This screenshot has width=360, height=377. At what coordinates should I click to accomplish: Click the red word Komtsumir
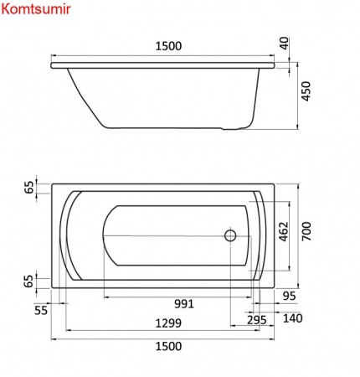click(36, 9)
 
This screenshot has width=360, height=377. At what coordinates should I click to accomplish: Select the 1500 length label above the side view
click(168, 46)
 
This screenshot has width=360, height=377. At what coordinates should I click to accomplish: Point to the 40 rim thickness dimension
click(285, 43)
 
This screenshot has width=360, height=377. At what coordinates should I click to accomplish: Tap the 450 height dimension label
click(306, 91)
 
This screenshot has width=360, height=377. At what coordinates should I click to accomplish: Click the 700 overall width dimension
click(306, 231)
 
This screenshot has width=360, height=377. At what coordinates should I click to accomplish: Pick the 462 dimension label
click(284, 231)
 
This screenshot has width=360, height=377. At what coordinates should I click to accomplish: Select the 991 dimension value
click(184, 303)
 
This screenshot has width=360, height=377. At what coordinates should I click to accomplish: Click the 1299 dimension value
click(168, 323)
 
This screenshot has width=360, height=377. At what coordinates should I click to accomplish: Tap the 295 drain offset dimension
click(256, 320)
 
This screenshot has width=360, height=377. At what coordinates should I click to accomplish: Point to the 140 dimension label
click(293, 318)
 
